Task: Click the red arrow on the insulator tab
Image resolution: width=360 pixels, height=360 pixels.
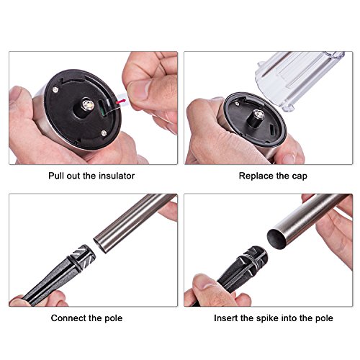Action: click(x=121, y=101)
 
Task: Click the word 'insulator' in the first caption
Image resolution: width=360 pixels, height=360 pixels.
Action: click(x=117, y=176)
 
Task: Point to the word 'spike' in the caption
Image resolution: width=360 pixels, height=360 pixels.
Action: click(x=268, y=318)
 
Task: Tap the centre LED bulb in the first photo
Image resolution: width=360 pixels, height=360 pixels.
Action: click(x=88, y=105)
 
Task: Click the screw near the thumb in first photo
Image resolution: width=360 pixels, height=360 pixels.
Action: click(x=55, y=89)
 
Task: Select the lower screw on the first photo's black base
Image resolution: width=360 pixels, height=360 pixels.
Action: click(x=104, y=132)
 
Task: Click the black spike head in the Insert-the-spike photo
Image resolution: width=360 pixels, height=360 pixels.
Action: click(x=253, y=261)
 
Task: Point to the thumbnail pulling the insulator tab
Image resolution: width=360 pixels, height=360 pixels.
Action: click(x=139, y=90)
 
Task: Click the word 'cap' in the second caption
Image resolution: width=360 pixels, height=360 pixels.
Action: click(x=300, y=176)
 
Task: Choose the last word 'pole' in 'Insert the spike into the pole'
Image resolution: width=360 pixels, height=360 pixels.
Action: click(x=324, y=318)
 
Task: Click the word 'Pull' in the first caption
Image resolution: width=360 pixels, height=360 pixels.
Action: click(x=56, y=176)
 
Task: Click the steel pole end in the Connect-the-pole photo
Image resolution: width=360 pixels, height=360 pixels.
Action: click(x=102, y=244)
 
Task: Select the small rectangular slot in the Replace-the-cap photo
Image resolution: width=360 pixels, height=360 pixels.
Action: click(x=273, y=130)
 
